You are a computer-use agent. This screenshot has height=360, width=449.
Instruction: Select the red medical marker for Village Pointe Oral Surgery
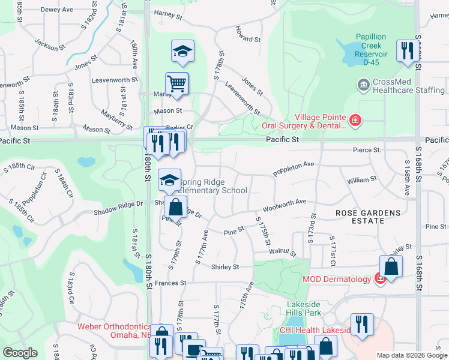[x=356, y=121]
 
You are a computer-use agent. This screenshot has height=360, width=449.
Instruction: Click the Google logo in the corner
[x=20, y=353]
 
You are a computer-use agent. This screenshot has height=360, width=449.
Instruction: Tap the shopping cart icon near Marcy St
[x=177, y=83]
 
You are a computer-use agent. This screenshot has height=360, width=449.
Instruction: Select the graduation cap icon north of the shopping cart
[x=182, y=51]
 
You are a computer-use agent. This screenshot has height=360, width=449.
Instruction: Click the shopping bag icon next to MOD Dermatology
[x=391, y=267]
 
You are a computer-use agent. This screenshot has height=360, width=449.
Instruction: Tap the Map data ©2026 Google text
[x=411, y=355]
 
